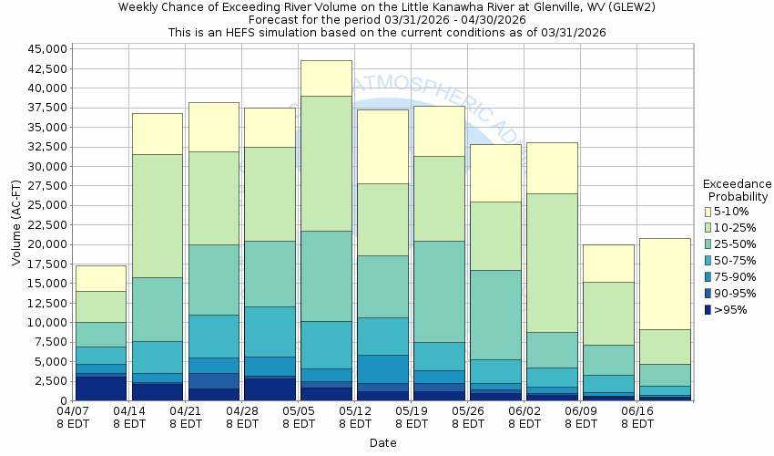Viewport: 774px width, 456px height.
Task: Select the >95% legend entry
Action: (x=725, y=309)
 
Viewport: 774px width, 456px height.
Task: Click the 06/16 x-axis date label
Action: (x=637, y=411)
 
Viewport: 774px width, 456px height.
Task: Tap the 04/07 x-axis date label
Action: (x=74, y=411)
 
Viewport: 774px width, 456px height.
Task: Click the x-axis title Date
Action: (x=382, y=442)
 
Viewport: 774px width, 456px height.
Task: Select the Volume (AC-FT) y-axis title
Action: (x=15, y=224)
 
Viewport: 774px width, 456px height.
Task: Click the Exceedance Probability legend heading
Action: (x=738, y=190)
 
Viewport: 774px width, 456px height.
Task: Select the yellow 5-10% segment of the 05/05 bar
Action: (x=326, y=78)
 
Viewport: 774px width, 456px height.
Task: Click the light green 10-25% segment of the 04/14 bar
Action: (x=157, y=215)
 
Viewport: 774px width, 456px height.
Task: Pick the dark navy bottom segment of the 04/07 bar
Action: (x=100, y=387)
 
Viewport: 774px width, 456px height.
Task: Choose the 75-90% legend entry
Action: (x=730, y=276)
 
